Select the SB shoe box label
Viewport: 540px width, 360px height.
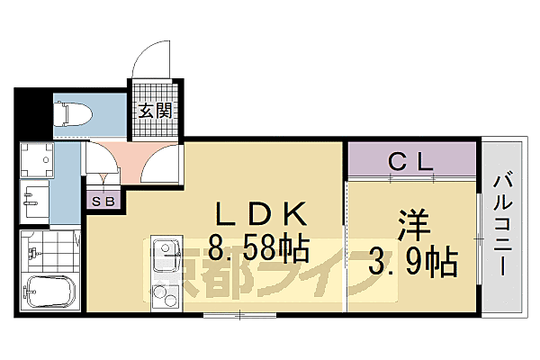[102, 201]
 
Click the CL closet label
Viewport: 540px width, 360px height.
[412, 162]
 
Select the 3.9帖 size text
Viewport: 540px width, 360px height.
[413, 262]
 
